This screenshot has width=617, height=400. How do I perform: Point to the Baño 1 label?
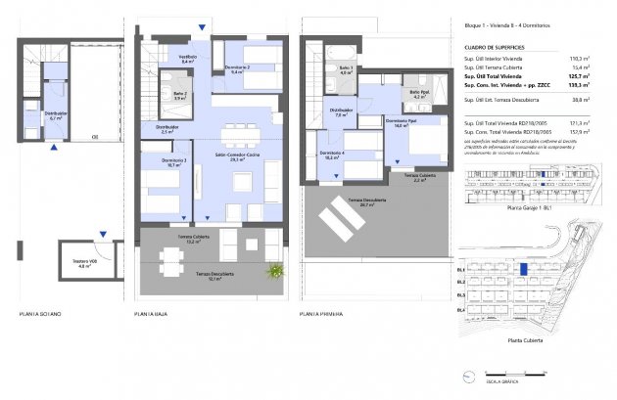[346, 68]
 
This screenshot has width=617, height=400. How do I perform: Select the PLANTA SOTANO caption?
[39, 314]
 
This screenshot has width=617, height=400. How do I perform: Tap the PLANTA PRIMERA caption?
[324, 314]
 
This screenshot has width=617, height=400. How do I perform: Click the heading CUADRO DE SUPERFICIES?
[496, 47]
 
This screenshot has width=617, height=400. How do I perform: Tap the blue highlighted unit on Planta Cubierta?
[524, 268]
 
